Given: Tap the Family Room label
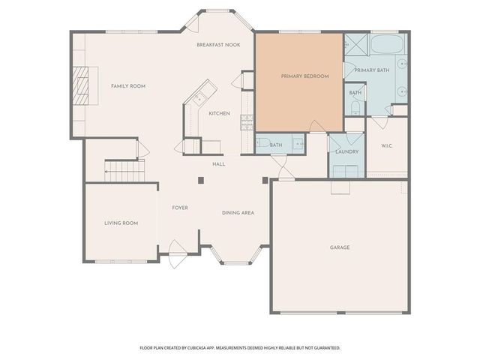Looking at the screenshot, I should (x=128, y=86).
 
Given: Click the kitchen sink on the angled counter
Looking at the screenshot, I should (x=201, y=97).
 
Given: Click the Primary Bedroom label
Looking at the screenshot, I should (x=300, y=76).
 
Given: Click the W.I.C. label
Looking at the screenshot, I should (x=387, y=146).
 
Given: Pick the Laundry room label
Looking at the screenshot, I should (x=346, y=151).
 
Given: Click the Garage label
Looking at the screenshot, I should (x=340, y=247).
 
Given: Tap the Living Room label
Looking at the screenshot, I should (x=121, y=223).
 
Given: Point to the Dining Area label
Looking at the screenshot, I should (x=238, y=213).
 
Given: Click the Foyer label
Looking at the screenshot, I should (x=180, y=208).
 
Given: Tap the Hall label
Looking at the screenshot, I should (x=219, y=163).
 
